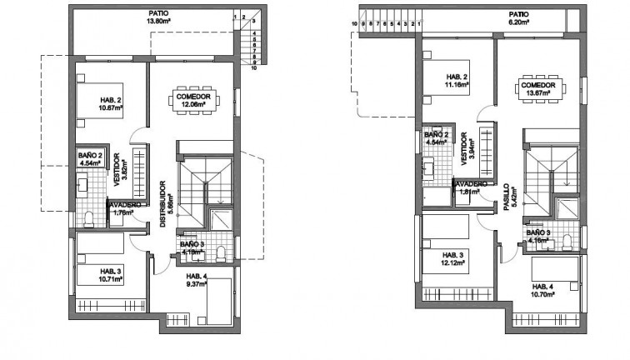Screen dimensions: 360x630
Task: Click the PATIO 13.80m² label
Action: point(159,17)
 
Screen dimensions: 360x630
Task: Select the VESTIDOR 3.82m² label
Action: point(122,171)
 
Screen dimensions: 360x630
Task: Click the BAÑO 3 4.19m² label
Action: point(190,247)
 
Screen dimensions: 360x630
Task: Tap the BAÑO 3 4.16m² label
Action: point(538,237)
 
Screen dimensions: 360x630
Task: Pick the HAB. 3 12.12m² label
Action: point(453,259)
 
